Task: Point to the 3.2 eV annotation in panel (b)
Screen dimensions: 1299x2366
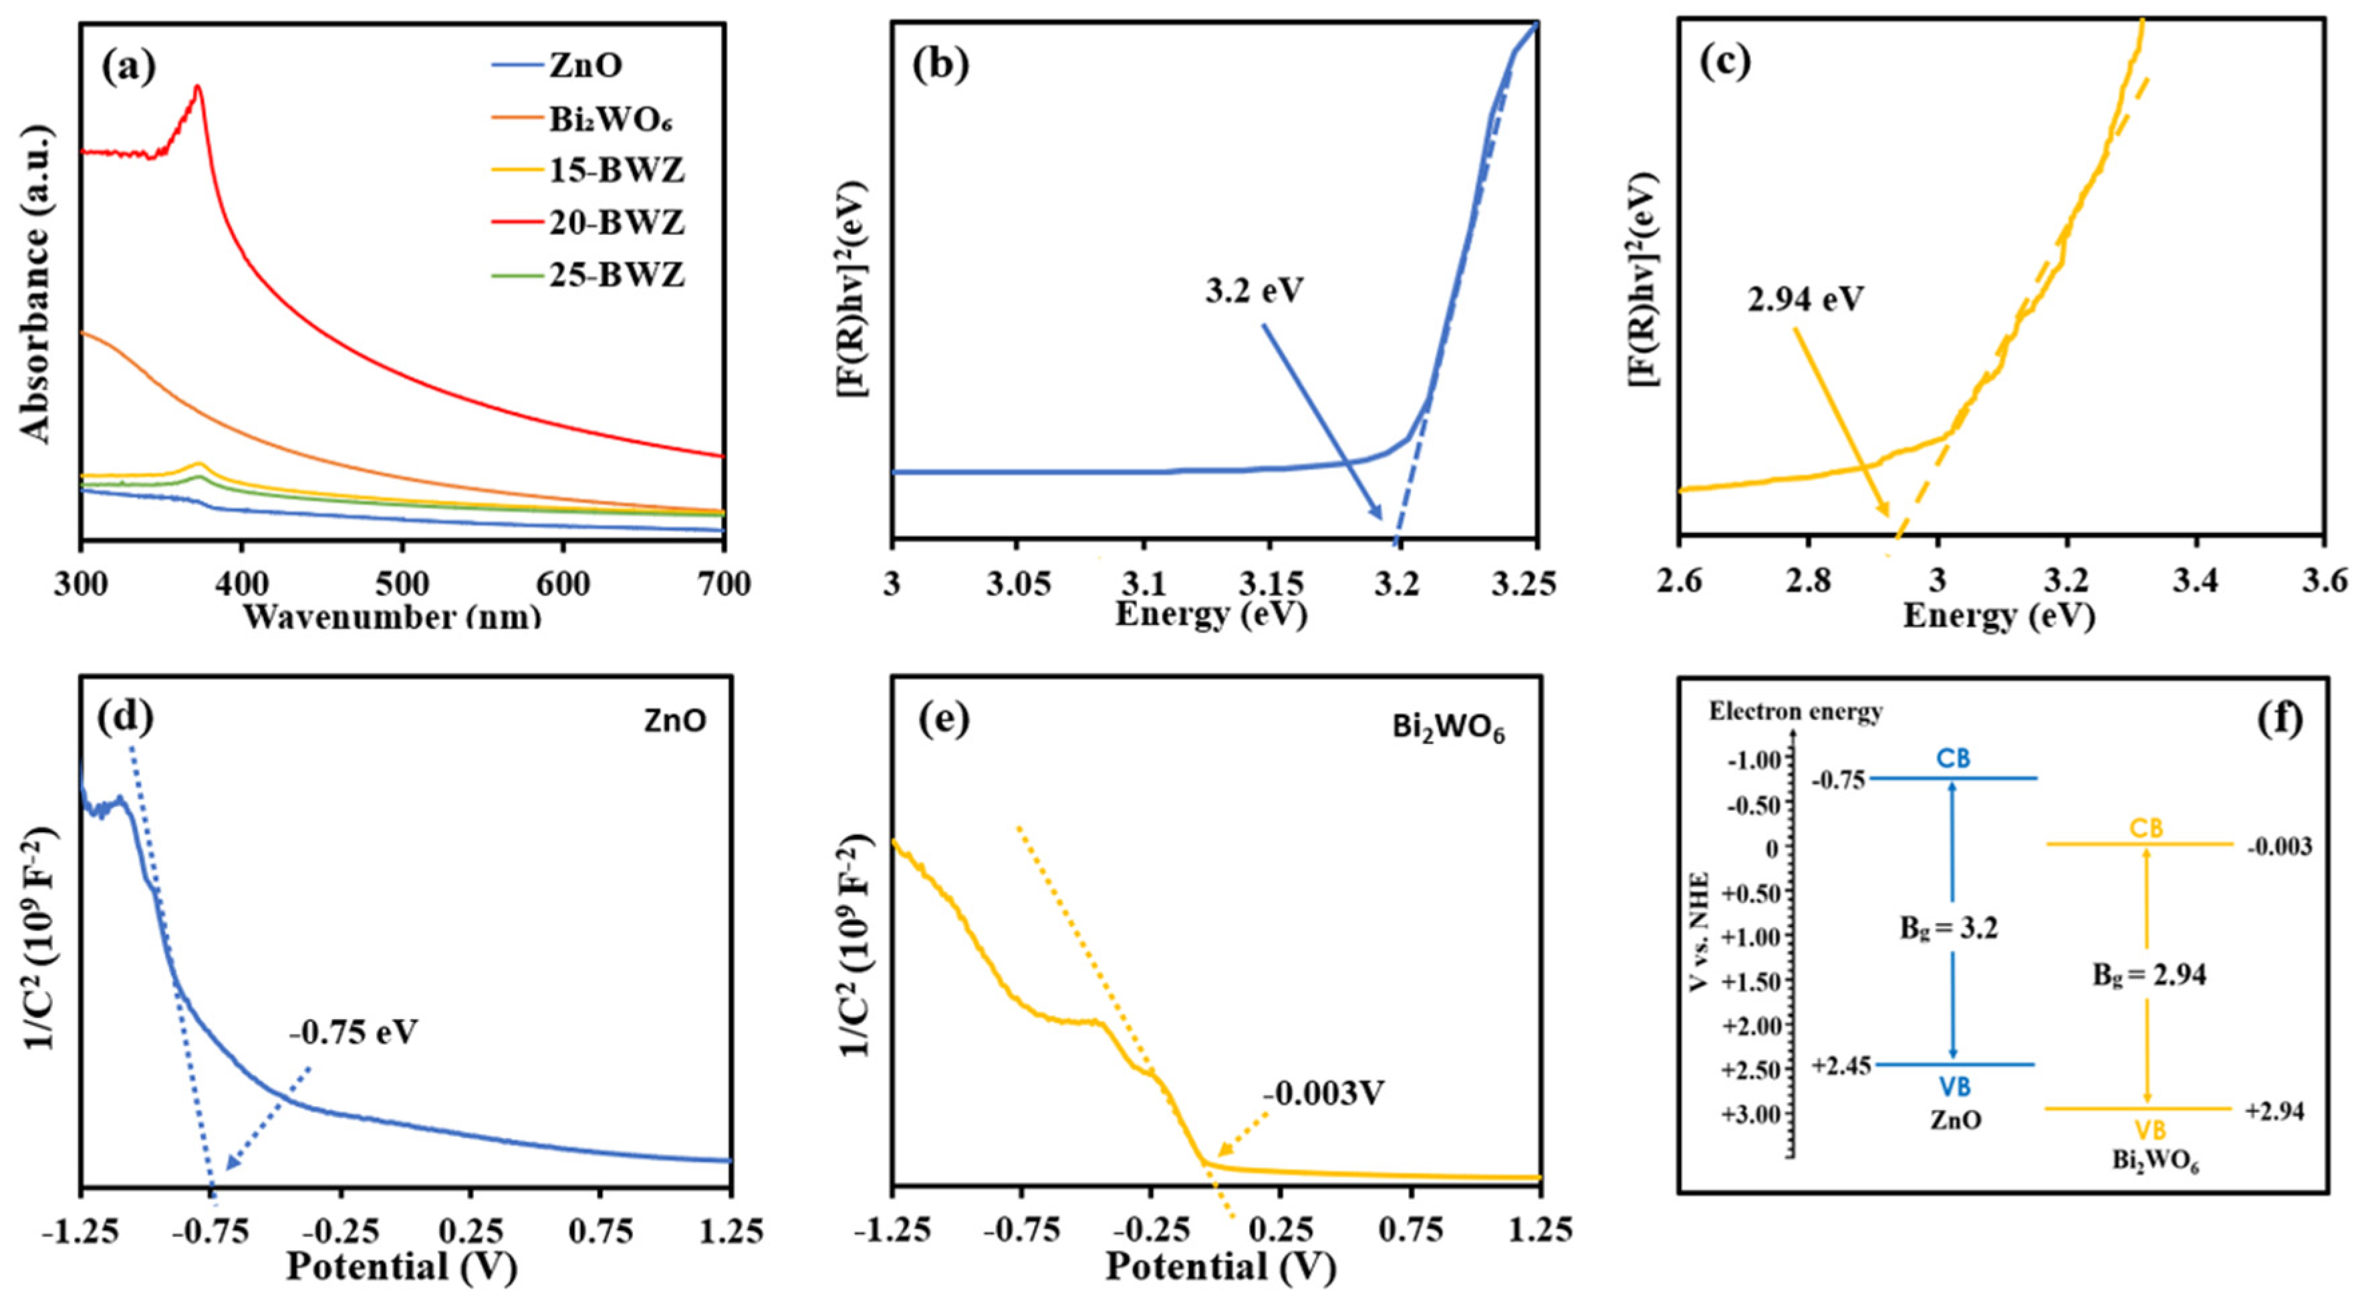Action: (1255, 291)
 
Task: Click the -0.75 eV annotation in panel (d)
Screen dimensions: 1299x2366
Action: (354, 1033)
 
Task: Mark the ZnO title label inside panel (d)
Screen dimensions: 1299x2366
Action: (675, 721)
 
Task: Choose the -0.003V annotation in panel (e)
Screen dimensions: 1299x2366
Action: (1323, 1093)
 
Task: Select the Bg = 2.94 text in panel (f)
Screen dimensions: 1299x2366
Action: (2149, 975)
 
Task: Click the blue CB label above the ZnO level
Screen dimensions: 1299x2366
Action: (1954, 758)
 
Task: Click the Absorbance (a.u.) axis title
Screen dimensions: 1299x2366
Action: (37, 285)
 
